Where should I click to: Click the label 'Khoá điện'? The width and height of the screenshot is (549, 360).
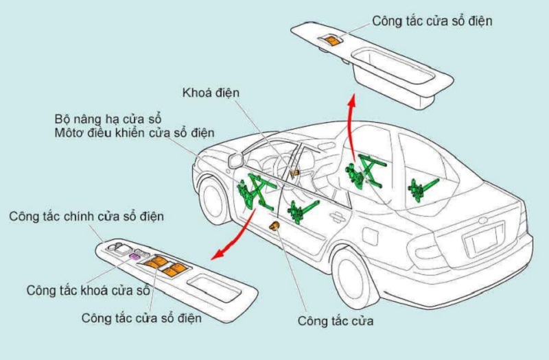click(x=211, y=93)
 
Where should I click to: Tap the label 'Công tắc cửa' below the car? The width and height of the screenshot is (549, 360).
click(x=336, y=321)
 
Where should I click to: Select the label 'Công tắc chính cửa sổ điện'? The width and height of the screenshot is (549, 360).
click(x=86, y=216)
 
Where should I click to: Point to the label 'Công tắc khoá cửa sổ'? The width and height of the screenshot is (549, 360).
click(x=89, y=290)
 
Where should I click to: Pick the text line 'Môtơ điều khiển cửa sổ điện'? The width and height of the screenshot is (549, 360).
click(x=135, y=133)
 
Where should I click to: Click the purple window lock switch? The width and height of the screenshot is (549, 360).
click(x=134, y=256)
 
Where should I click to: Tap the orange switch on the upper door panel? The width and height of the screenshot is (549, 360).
click(x=331, y=40)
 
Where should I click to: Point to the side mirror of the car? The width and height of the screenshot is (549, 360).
click(x=236, y=160)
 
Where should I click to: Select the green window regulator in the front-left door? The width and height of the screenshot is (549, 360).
click(x=255, y=192)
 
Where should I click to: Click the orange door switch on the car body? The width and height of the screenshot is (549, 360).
click(x=274, y=226)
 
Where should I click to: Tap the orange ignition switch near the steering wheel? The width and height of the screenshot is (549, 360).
click(x=294, y=173)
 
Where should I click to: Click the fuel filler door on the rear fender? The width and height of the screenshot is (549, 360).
click(x=371, y=236)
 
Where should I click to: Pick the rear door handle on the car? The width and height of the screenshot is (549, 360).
click(x=338, y=217)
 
